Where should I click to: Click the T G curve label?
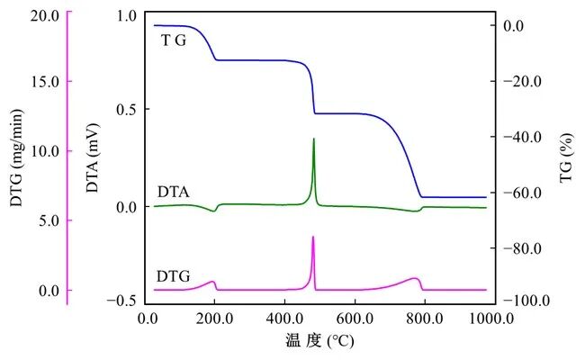pos(174,40)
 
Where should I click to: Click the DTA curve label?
pos(174,192)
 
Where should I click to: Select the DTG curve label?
pos(174,276)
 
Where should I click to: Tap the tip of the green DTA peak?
pos(313,139)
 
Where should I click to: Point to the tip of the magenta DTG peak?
pos(313,237)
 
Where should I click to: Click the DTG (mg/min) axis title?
pos(17,157)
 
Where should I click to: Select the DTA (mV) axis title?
pos(93,157)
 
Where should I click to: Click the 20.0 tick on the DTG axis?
pos(45,15)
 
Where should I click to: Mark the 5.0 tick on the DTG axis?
pos(49,220)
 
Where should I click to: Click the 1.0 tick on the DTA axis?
pos(127,15)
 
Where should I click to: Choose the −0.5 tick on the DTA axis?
pos(122,301)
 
